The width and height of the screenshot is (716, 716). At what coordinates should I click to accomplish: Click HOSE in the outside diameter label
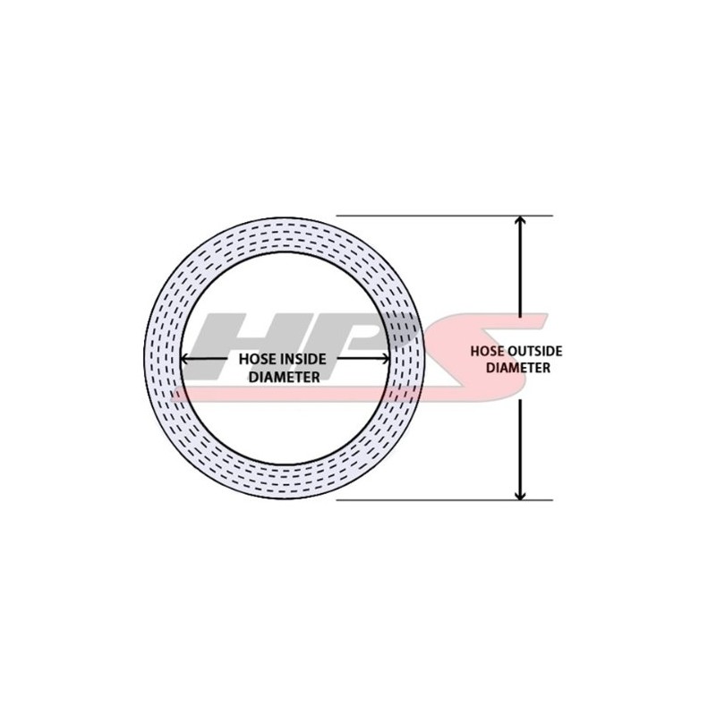[x=488, y=351]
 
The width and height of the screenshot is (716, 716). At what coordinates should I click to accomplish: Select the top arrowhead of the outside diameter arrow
[x=520, y=222]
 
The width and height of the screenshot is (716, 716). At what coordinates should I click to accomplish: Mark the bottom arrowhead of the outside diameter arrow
[x=520, y=493]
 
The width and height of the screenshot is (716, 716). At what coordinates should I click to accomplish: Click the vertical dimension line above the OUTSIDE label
[x=520, y=277]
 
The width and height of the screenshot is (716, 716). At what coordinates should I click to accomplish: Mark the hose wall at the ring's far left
[x=163, y=358]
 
